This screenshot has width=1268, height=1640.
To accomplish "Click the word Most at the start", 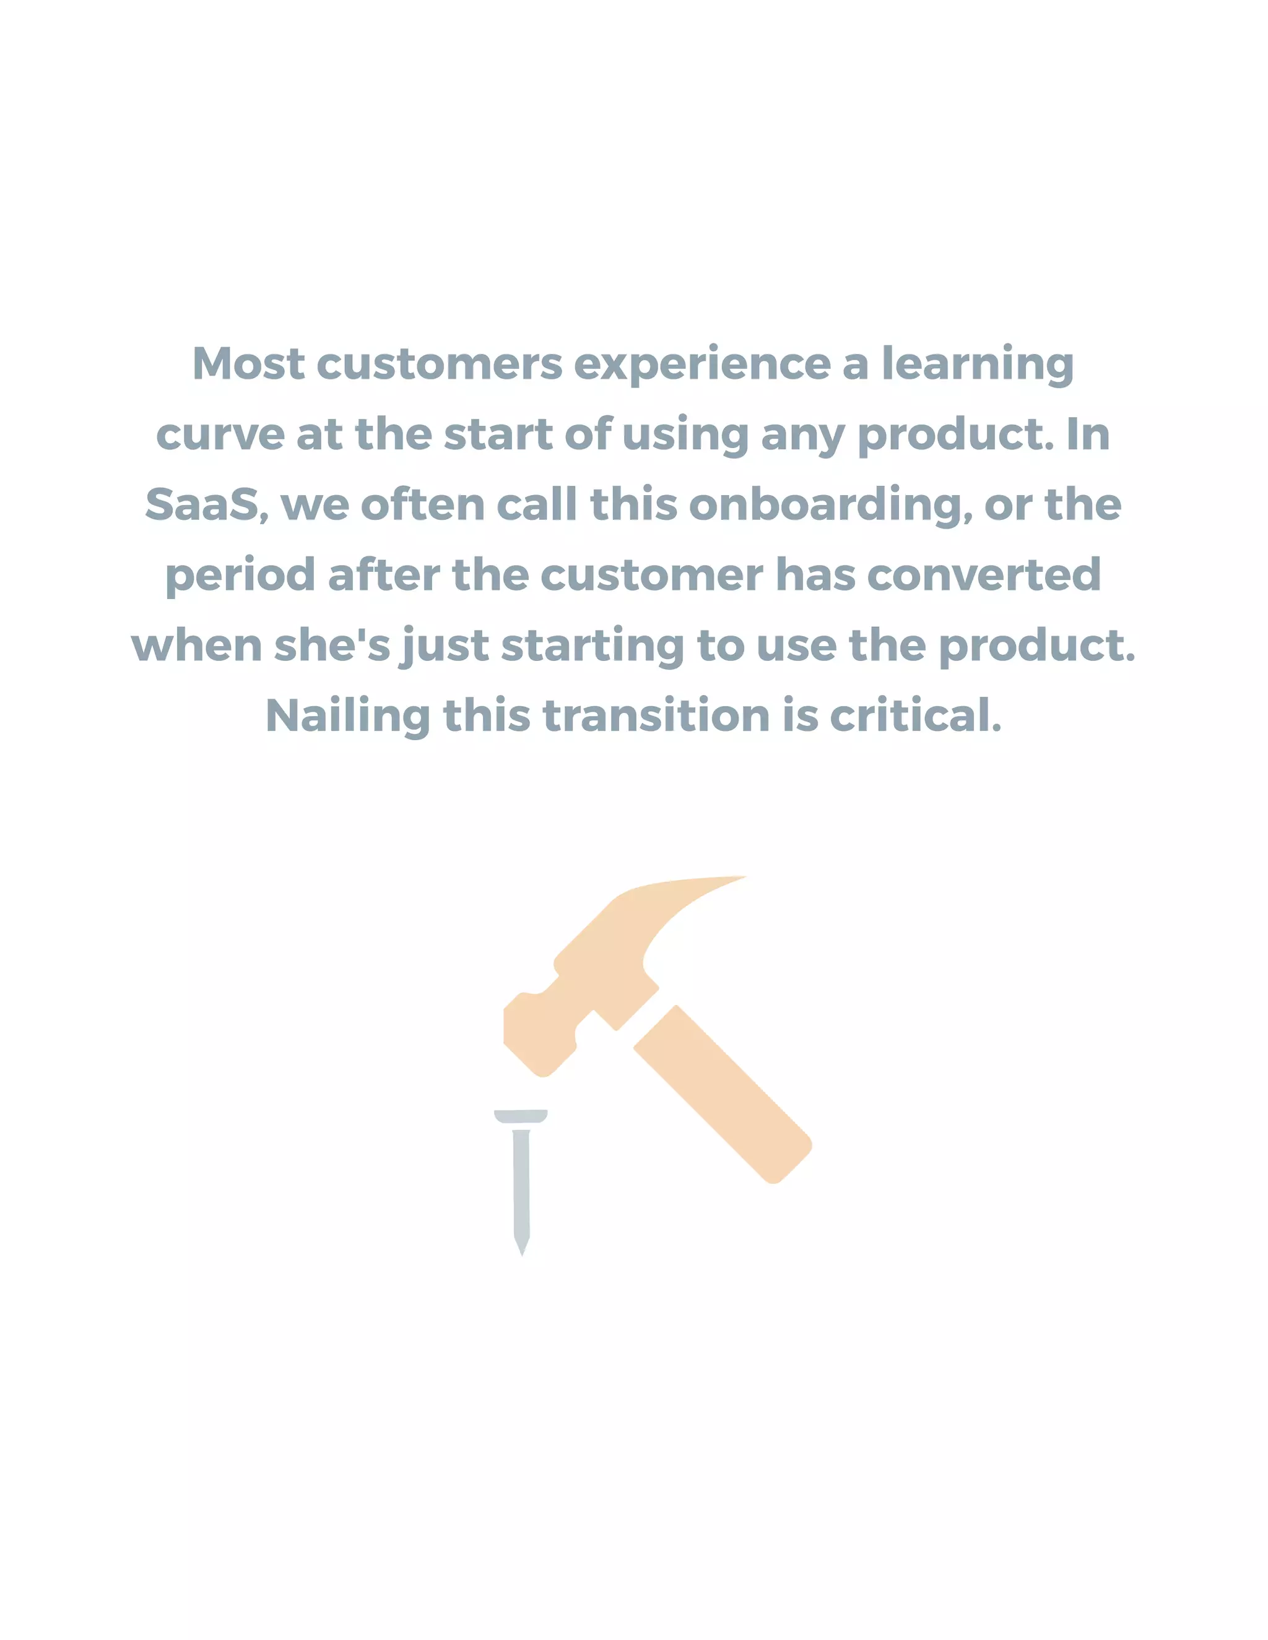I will [x=249, y=364].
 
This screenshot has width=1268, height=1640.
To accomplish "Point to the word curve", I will [x=220, y=436].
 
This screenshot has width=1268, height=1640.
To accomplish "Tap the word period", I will [x=240, y=577].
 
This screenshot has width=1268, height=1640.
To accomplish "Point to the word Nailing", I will [x=348, y=717].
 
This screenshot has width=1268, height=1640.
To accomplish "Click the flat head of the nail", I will [x=521, y=1116].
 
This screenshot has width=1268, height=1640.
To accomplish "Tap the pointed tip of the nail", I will [x=522, y=1249].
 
